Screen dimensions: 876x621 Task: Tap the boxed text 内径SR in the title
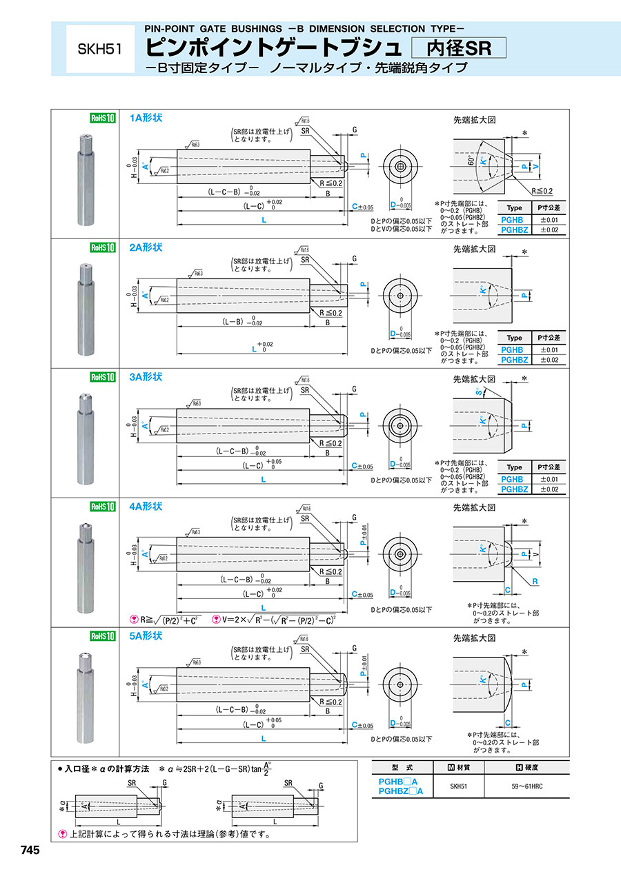pyautogui.click(x=458, y=48)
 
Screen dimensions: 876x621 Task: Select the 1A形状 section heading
pyautogui.click(x=146, y=118)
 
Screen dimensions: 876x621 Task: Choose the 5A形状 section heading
pyautogui.click(x=146, y=635)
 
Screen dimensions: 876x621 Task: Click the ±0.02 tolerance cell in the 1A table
pyautogui.click(x=549, y=229)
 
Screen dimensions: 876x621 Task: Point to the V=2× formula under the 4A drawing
pyautogui.click(x=277, y=619)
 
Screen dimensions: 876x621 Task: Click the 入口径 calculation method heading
pyautogui.click(x=107, y=768)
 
